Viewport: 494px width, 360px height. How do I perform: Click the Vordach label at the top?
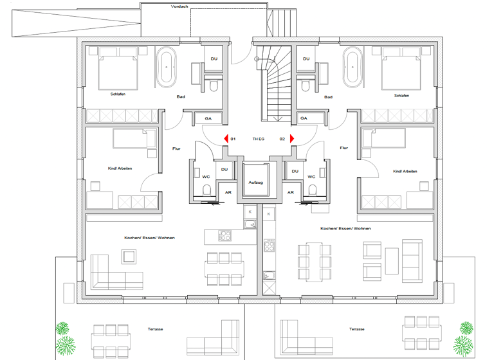click(179, 6)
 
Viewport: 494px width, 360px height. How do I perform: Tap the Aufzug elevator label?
click(255, 183)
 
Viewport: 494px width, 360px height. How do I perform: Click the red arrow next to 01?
click(225, 138)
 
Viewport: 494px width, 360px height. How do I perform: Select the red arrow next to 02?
click(291, 138)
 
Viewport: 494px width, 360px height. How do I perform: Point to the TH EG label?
click(258, 139)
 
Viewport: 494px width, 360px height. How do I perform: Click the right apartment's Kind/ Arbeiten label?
click(405, 171)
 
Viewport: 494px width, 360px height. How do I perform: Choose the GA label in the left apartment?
click(208, 118)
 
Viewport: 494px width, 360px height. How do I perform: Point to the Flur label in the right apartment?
click(343, 148)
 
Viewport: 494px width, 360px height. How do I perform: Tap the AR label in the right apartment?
click(290, 192)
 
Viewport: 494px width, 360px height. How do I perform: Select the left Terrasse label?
click(154, 328)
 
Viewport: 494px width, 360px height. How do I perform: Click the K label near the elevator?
click(250, 212)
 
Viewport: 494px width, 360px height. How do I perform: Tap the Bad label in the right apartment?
click(328, 97)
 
